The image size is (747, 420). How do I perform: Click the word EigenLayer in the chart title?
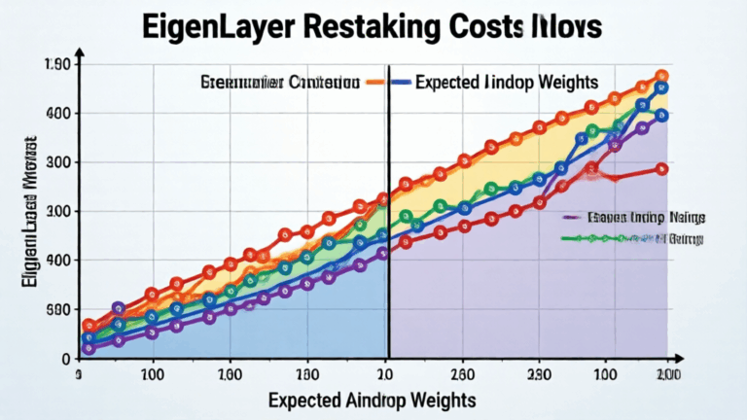[x=220, y=27]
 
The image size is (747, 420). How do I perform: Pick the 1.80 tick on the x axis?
[x=306, y=375]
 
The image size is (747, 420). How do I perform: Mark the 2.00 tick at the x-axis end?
[x=667, y=375]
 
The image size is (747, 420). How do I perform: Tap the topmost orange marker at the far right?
[x=661, y=76]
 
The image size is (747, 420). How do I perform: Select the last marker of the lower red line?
[x=661, y=168]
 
